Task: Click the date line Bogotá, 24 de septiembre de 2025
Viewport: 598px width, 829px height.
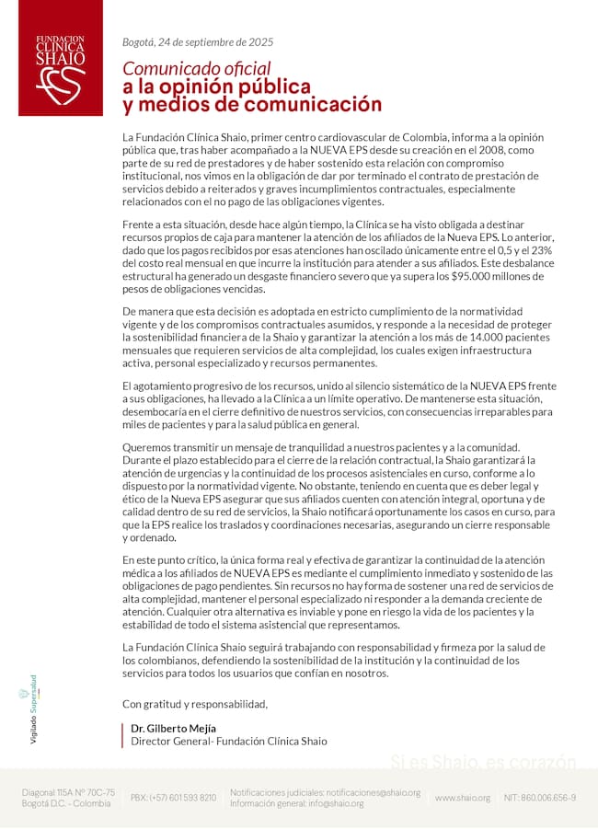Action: (x=198, y=41)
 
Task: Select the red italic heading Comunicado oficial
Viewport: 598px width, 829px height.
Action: (x=197, y=68)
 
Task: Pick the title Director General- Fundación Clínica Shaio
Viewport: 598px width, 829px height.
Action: (x=228, y=741)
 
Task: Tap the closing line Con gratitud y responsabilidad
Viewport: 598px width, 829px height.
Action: (x=195, y=704)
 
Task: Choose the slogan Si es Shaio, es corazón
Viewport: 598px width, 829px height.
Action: (x=483, y=762)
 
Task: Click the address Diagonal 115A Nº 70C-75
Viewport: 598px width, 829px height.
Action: (x=69, y=791)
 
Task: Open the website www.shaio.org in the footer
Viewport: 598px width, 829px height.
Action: (x=463, y=798)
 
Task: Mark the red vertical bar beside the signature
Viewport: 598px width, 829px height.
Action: (x=123, y=734)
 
